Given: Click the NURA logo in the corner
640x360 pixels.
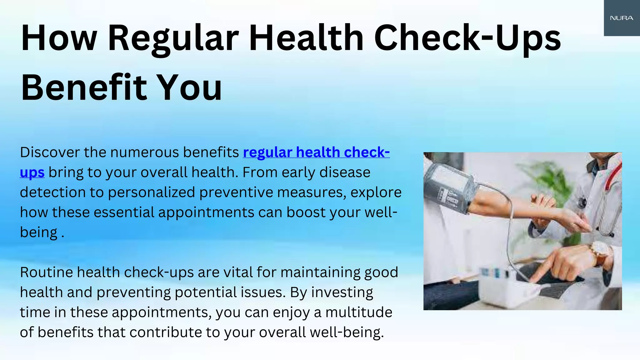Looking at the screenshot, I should pos(622,18).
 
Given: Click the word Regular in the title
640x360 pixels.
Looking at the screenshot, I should pos(173,39).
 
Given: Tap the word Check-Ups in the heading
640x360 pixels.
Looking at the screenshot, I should pos(467,39).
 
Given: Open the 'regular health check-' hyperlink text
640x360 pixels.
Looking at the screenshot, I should pos(316,152).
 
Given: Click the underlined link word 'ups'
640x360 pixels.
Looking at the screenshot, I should pos(32,173).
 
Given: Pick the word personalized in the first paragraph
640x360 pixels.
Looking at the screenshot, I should pos(152,192).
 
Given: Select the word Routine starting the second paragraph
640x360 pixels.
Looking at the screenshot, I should pos(47,272).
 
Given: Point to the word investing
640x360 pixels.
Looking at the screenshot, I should pos(342,292).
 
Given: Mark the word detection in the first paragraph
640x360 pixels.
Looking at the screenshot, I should pos(52,192).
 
